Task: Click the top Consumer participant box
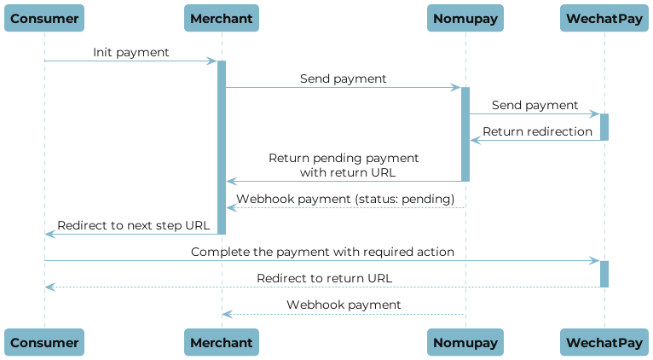tap(45, 18)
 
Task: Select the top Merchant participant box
tap(222, 18)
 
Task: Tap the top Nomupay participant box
tap(465, 18)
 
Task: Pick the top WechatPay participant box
tap(604, 18)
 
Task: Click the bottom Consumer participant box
tap(45, 342)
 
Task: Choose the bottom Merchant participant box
tap(222, 342)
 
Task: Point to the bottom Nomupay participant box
tap(465, 342)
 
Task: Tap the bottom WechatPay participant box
tap(604, 342)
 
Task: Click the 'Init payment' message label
tap(131, 53)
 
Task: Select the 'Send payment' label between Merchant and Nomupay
tap(343, 78)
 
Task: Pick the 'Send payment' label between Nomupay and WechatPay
tap(535, 105)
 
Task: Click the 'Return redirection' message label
tap(537, 131)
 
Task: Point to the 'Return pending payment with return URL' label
tap(344, 165)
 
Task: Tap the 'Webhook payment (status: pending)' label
tap(345, 199)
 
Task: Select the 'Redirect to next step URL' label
tap(132, 225)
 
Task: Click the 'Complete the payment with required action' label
tap(322, 253)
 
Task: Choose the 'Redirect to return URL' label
tap(325, 278)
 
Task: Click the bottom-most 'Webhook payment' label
tap(344, 305)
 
